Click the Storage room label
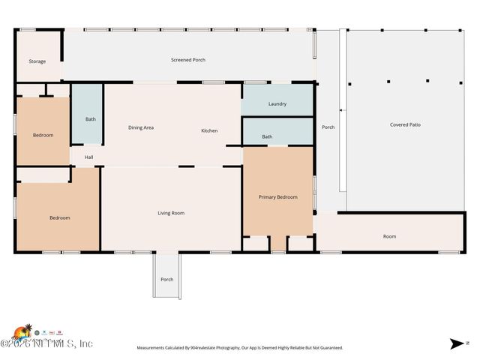tap(37, 61)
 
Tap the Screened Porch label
tap(187, 60)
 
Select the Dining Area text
tap(141, 128)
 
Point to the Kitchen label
tap(209, 130)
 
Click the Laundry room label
tap(277, 103)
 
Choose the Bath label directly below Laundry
tap(267, 136)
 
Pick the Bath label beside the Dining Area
tap(91, 119)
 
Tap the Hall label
tap(88, 157)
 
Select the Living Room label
tap(171, 213)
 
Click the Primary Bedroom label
tap(277, 197)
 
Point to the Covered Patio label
tap(405, 124)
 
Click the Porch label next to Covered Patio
tap(328, 127)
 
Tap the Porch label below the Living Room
tap(166, 280)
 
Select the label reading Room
tap(389, 236)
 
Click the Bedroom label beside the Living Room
tap(60, 217)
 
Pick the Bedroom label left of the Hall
tap(43, 135)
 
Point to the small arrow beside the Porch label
tap(341, 111)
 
